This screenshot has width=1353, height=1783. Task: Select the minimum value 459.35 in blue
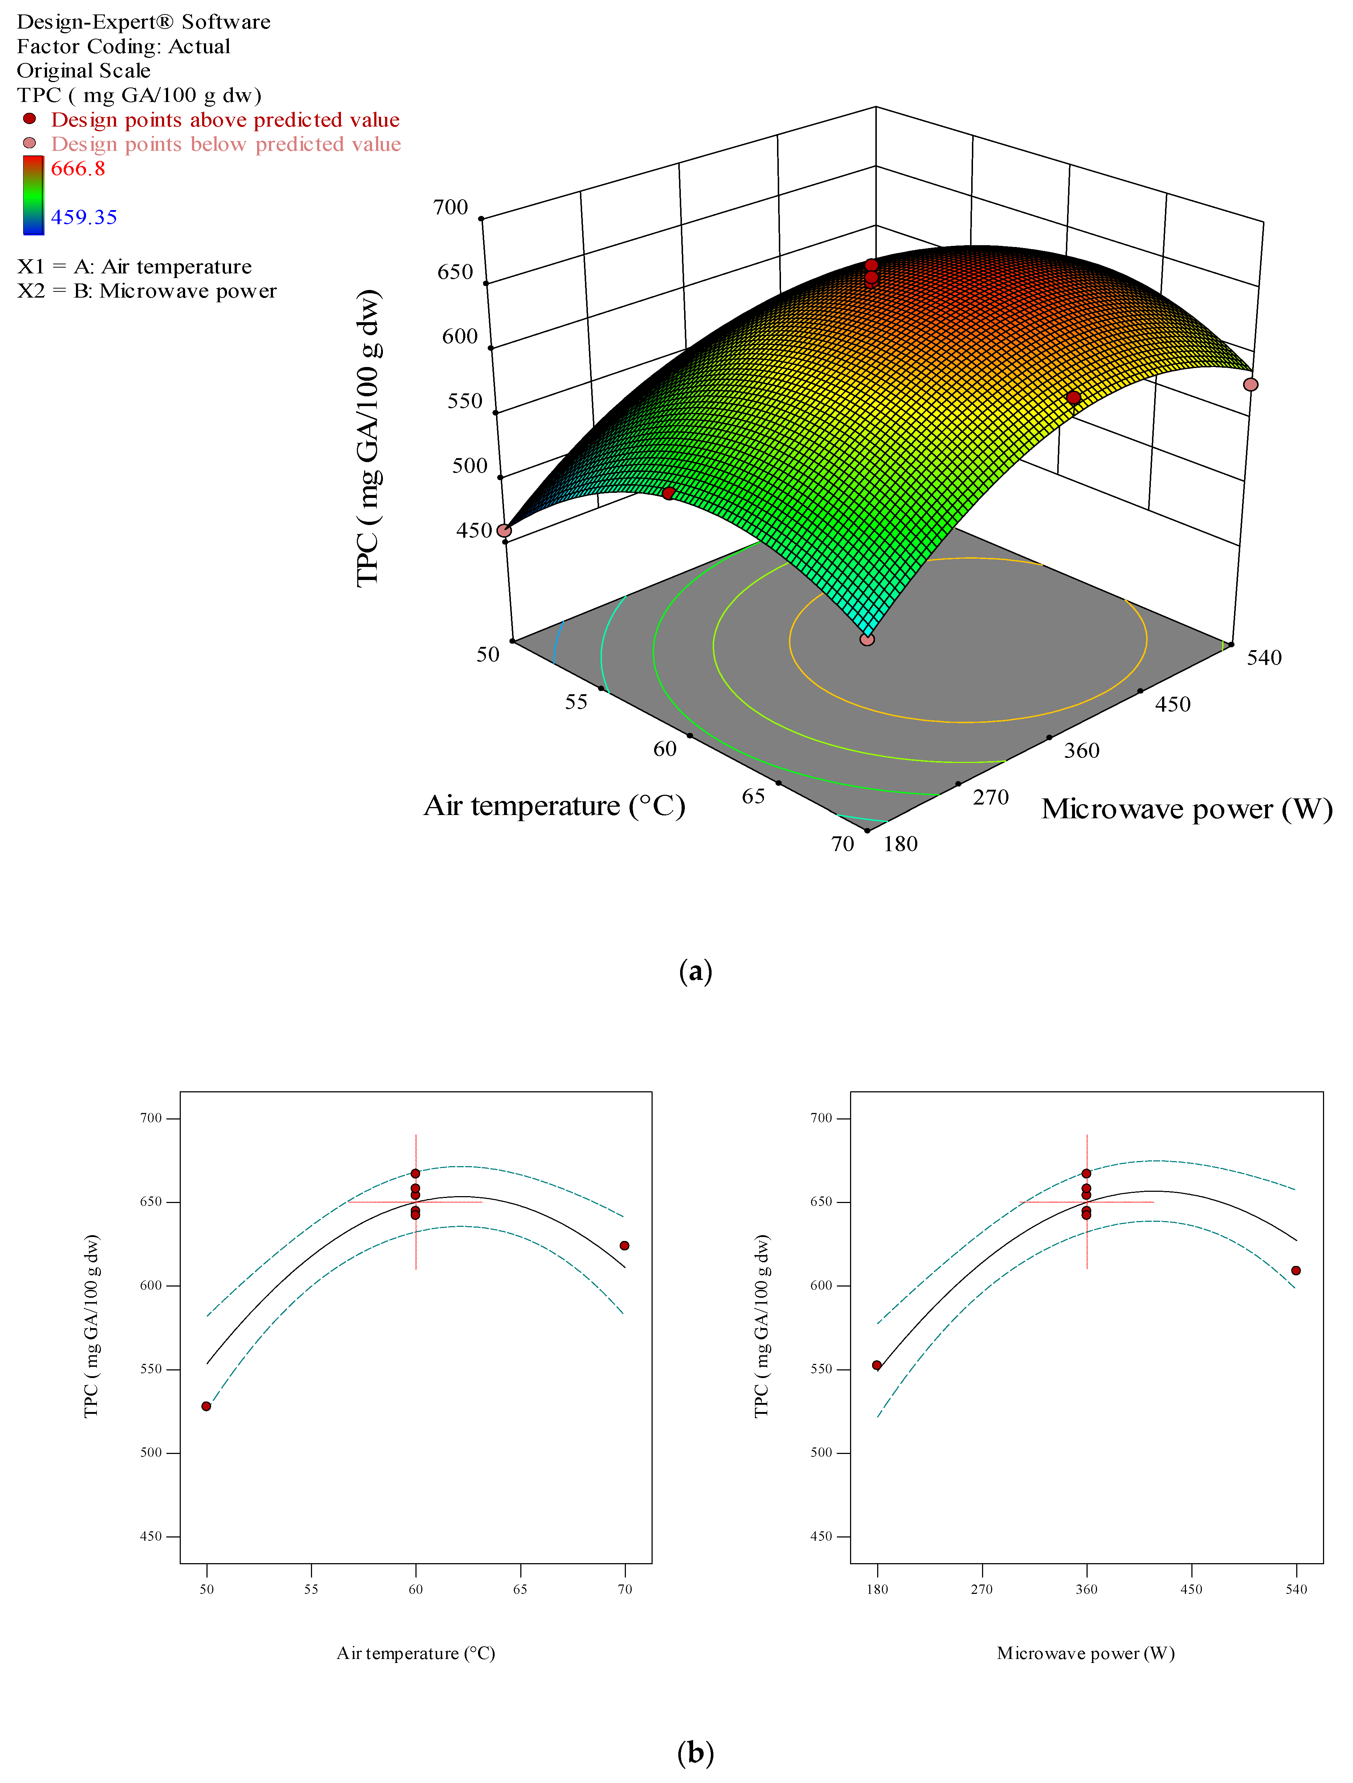[x=84, y=217]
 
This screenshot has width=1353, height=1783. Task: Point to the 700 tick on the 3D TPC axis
[x=451, y=207]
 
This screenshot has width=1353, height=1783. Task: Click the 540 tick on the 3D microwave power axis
[x=1264, y=658]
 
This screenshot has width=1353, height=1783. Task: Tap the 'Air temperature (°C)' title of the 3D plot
[x=554, y=805]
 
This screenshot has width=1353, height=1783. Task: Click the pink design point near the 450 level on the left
[x=504, y=530]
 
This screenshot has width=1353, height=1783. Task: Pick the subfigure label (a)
[x=695, y=971]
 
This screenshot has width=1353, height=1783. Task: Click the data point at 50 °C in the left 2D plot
[x=206, y=1406]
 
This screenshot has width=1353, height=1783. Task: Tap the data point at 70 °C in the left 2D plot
[x=624, y=1245]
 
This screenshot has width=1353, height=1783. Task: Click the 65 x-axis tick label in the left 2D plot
[x=520, y=1589]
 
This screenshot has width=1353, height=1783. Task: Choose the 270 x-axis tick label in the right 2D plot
[x=982, y=1589]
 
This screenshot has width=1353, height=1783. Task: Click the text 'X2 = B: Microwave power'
[x=147, y=291]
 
